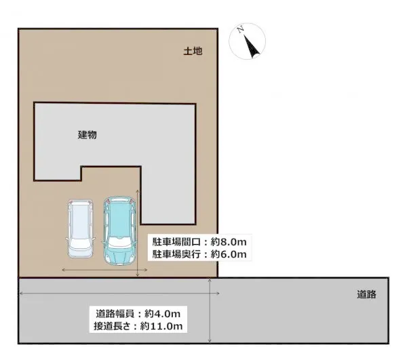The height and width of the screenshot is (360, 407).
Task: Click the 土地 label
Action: pyautogui.click(x=193, y=51)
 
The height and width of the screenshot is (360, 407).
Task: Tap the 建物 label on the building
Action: pyautogui.click(x=88, y=135)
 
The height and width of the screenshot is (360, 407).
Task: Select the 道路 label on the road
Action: pyautogui.click(x=366, y=294)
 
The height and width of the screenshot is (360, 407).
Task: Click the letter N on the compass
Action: pyautogui.click(x=241, y=29)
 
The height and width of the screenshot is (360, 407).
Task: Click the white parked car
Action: pyautogui.click(x=81, y=228)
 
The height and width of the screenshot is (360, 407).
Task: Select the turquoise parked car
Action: pyautogui.click(x=119, y=231)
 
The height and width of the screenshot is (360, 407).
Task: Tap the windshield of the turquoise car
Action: pyautogui.click(x=119, y=242)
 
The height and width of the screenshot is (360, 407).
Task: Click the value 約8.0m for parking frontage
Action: pyautogui.click(x=229, y=242)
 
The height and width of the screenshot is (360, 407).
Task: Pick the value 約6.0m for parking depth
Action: pyautogui.click(x=229, y=254)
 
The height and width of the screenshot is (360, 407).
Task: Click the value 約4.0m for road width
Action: pyautogui.click(x=163, y=314)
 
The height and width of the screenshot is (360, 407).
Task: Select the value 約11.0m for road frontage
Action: pyautogui.click(x=161, y=326)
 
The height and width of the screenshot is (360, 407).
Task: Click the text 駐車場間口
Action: pyautogui.click(x=176, y=242)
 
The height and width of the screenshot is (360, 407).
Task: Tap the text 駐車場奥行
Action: pyautogui.click(x=176, y=254)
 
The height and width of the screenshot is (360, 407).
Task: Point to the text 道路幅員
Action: pyautogui.click(x=115, y=314)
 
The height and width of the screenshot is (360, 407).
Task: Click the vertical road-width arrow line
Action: pyautogui.click(x=210, y=311)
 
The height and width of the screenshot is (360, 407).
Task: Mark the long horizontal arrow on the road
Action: pyautogui.click(x=119, y=294)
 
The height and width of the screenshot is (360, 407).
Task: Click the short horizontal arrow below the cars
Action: pyautogui.click(x=104, y=270)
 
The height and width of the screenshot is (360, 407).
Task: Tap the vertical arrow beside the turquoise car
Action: pyautogui.click(x=138, y=233)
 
